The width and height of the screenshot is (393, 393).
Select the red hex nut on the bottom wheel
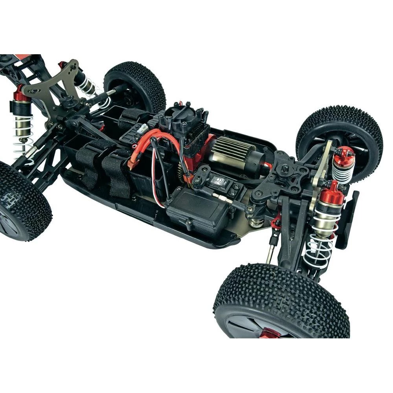tap(272, 334)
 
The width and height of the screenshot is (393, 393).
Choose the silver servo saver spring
tap(257, 222)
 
